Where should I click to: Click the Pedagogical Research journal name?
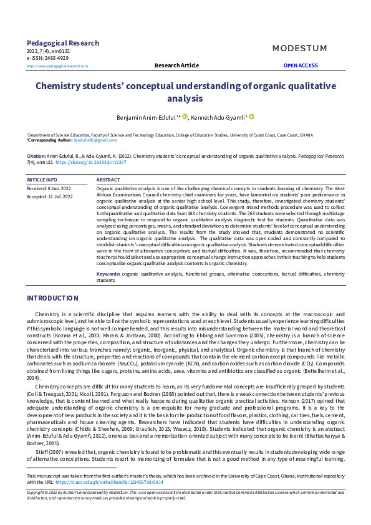pyautogui.click(x=62, y=43)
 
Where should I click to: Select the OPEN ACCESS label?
pyautogui.click(x=301, y=65)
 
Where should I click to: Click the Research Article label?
pyautogui.click(x=176, y=65)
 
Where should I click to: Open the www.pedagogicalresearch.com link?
pyautogui.click(x=57, y=65)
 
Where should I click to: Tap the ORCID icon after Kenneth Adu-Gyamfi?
pyautogui.click(x=252, y=117)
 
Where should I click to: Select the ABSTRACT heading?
pyautogui.click(x=108, y=180)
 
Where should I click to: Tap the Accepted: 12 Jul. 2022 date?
pyautogui.click(x=50, y=196)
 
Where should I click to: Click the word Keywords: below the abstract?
pyautogui.click(x=108, y=274)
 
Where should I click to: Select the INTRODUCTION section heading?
pyautogui.click(x=52, y=298)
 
